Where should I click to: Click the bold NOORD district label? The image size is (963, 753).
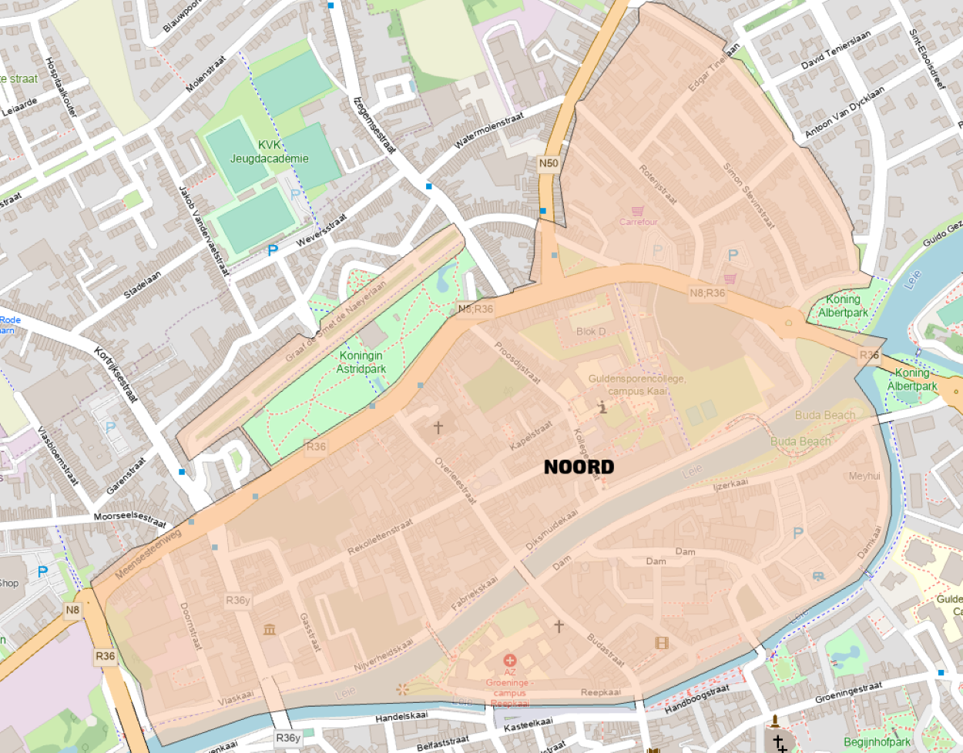(579, 467)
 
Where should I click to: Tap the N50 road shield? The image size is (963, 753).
(548, 163)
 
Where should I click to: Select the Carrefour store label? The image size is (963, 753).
(639, 222)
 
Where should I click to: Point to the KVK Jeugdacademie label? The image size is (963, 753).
(269, 152)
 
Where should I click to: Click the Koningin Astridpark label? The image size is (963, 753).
(361, 362)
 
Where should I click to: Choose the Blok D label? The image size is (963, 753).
(591, 332)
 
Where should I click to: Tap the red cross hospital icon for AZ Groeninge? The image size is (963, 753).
(509, 661)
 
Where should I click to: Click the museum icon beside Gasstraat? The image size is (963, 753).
(270, 630)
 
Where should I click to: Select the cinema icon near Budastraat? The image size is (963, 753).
(661, 643)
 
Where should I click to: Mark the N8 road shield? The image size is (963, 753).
(72, 610)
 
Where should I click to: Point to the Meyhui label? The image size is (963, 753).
(864, 476)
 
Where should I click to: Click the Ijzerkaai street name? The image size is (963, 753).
(730, 484)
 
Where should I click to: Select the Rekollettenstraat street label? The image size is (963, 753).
(380, 537)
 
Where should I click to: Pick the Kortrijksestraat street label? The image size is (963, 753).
(116, 374)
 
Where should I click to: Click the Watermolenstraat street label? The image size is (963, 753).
(488, 130)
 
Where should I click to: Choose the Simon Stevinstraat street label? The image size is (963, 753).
(748, 196)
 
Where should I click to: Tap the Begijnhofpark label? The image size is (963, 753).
(877, 742)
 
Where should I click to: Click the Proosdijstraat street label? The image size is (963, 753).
(517, 363)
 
